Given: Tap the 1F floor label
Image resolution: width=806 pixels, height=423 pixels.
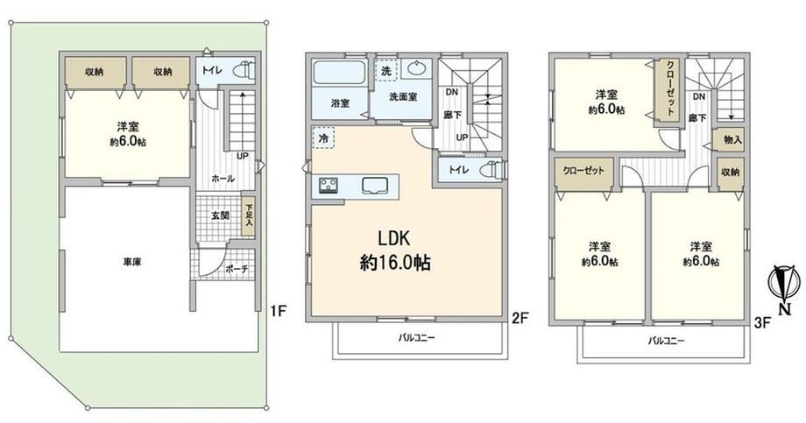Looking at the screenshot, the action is [x=277, y=310].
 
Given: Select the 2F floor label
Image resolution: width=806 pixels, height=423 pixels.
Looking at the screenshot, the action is [x=520, y=319].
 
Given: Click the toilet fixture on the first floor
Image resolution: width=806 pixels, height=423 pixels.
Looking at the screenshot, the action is [x=244, y=70].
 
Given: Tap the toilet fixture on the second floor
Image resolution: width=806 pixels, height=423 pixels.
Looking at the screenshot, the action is [x=490, y=169].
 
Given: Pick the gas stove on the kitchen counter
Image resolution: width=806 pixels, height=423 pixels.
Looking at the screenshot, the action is [x=328, y=185].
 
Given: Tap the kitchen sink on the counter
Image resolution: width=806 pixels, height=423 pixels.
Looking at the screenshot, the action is [x=376, y=186].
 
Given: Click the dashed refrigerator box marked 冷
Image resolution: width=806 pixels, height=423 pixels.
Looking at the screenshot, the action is [x=323, y=137].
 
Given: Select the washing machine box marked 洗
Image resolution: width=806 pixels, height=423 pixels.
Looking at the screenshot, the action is [x=386, y=71].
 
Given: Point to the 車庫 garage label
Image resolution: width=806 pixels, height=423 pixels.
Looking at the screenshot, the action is [x=131, y=262].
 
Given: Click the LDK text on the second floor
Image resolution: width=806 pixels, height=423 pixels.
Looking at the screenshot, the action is [x=394, y=238].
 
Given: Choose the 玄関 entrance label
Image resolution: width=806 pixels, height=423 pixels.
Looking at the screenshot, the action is [x=220, y=215].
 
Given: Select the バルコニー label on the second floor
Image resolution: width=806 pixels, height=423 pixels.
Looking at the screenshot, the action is [x=416, y=338].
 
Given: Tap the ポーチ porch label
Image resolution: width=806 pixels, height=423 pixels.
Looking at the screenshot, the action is [x=237, y=269].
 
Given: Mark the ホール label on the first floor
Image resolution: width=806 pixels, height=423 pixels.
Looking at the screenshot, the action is [x=223, y=179].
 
